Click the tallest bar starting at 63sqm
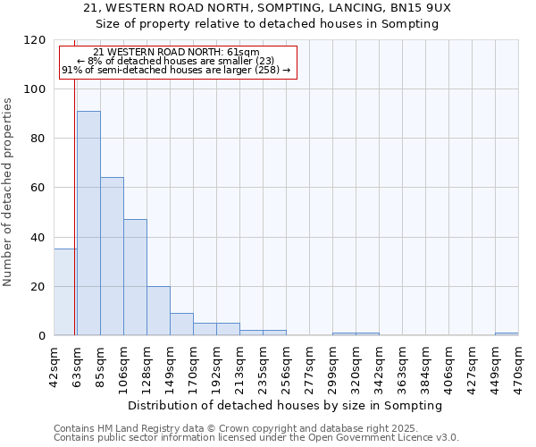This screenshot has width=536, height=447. (88, 223)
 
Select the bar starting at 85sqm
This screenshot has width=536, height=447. (112, 257)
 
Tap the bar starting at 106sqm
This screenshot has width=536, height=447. (135, 277)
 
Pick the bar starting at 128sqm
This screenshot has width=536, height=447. (158, 311)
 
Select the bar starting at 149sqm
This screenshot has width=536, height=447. (181, 325)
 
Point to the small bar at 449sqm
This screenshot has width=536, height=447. (507, 334)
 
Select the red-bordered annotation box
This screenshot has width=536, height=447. (177, 62)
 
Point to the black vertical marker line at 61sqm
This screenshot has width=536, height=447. (74, 206)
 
